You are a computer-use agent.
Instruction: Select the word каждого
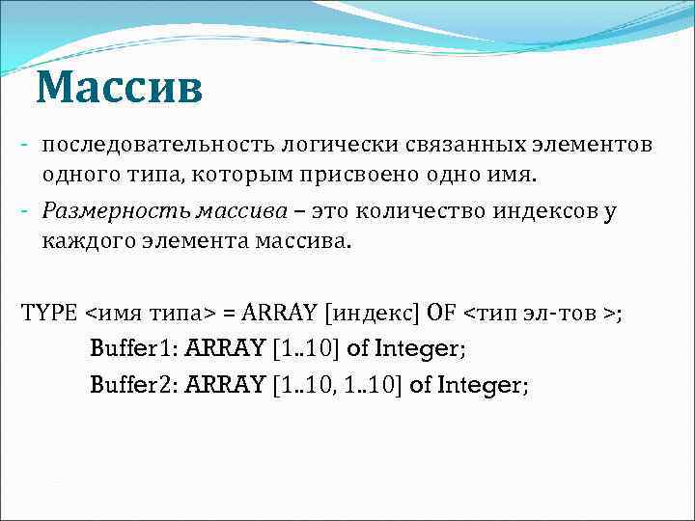(80, 240)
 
